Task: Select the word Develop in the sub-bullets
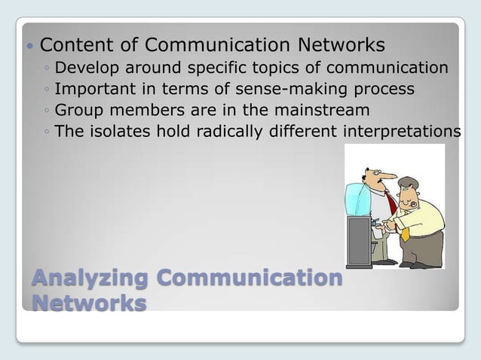point(87,69)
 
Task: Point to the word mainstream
point(306,111)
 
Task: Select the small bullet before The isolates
point(47,133)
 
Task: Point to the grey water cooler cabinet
point(358,241)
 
